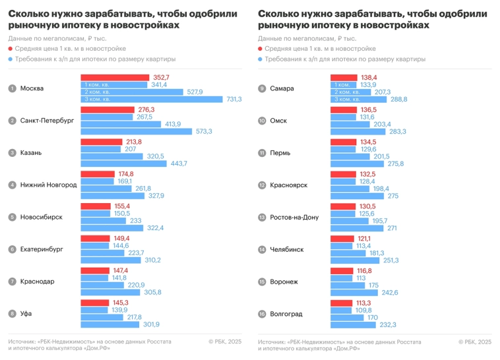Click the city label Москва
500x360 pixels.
(32, 88)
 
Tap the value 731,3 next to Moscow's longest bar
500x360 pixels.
(234, 99)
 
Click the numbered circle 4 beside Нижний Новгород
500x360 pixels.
(12, 185)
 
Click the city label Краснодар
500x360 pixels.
(38, 282)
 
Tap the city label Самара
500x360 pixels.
(282, 88)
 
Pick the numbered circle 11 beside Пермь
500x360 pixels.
(262, 153)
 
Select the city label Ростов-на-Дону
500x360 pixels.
(294, 217)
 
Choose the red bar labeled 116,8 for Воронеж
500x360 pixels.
(342, 270)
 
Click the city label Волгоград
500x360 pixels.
(286, 314)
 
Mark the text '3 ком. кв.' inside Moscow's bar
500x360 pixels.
(96, 99)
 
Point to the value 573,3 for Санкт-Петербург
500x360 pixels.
(203, 131)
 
